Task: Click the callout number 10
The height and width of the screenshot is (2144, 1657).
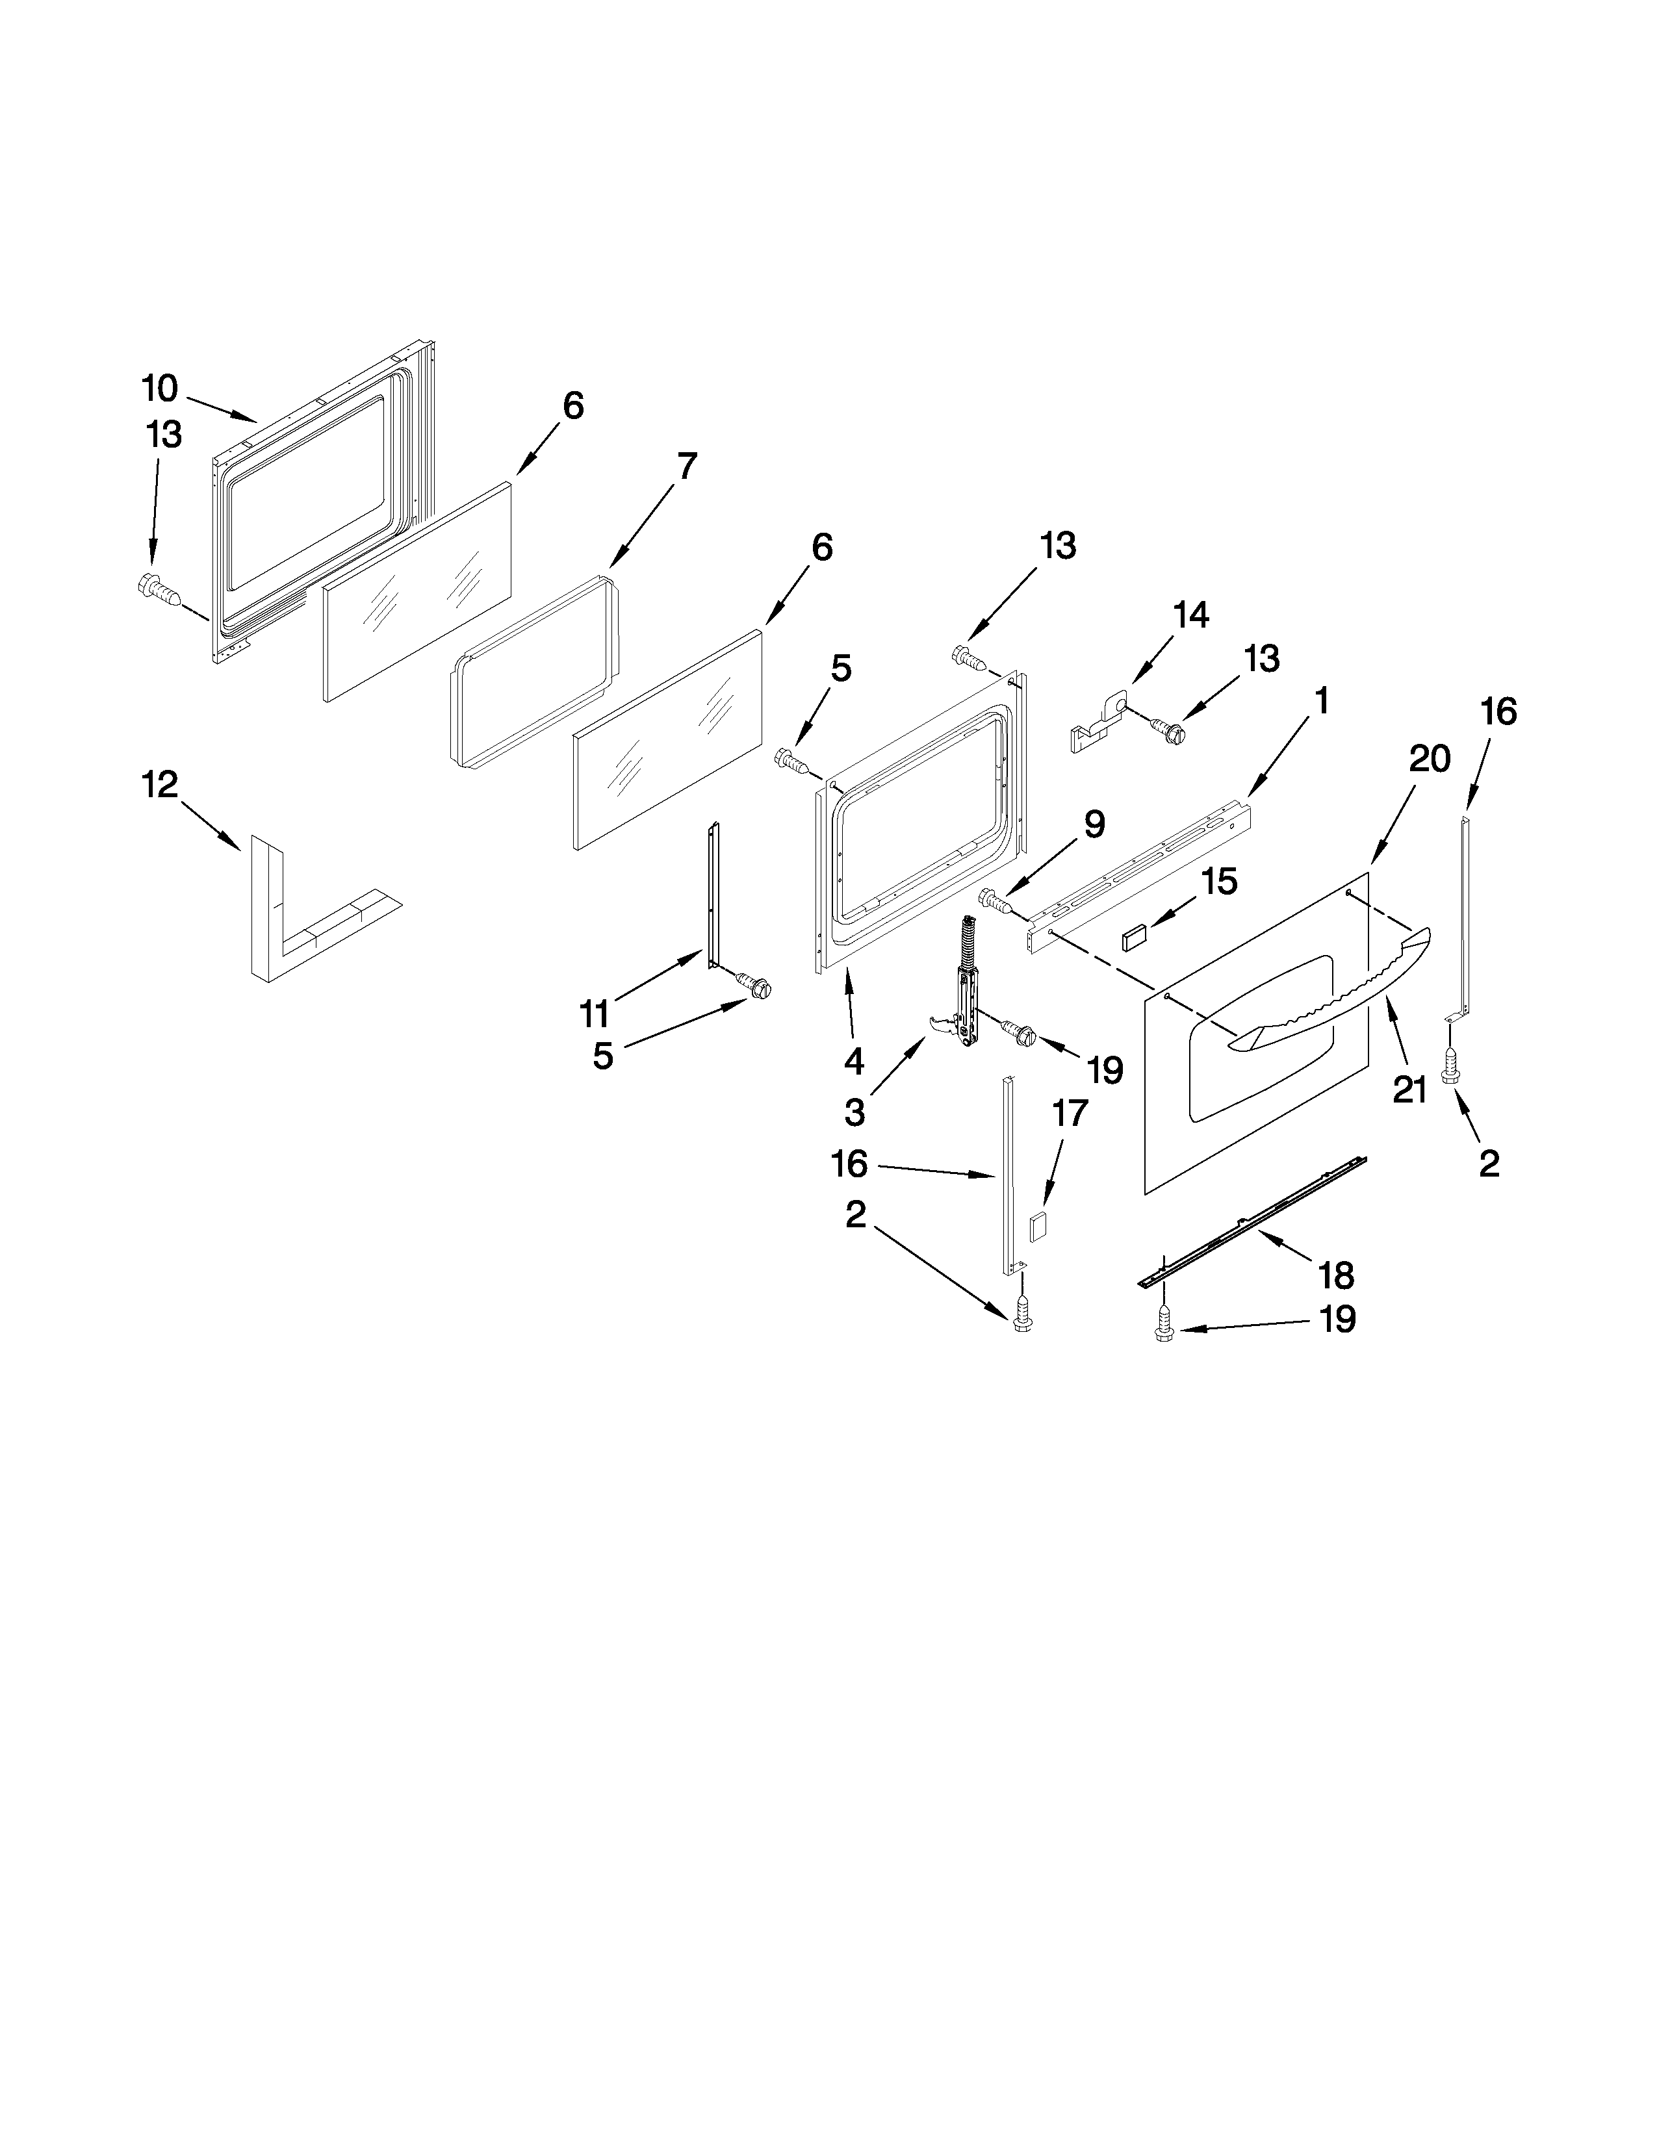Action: tap(159, 389)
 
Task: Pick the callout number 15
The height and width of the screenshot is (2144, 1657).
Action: tap(1218, 882)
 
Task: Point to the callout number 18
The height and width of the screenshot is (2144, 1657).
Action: tap(1337, 1275)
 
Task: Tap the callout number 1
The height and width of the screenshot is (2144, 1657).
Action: tap(1321, 701)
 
